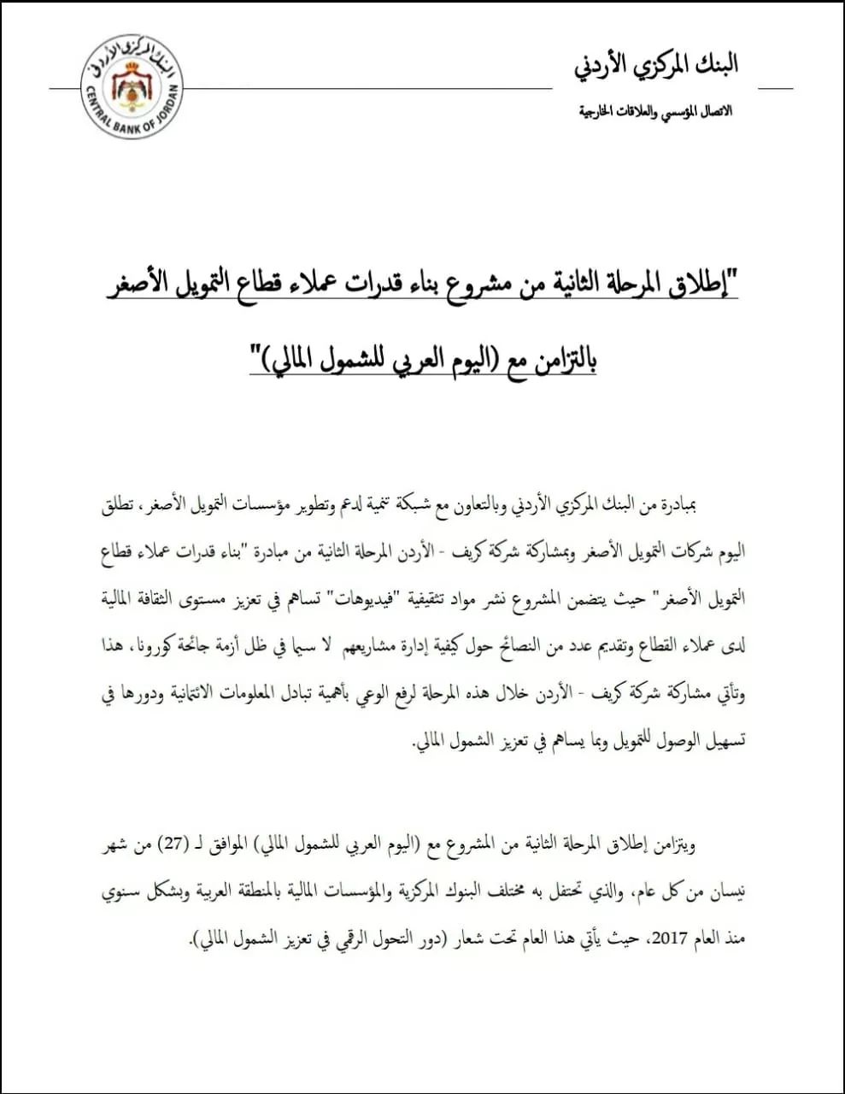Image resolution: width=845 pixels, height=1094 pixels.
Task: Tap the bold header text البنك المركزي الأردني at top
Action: (x=655, y=65)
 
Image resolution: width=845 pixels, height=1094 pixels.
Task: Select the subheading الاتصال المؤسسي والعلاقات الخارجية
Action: (x=655, y=112)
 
